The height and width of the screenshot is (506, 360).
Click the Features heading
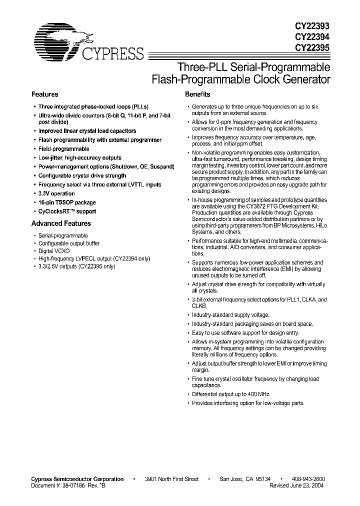tap(44, 94)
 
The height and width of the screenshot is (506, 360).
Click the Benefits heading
tap(197, 94)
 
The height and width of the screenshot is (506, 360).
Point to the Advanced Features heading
tap(61, 223)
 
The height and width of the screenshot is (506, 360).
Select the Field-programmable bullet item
tap(63, 149)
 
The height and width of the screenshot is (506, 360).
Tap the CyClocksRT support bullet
tap(67, 211)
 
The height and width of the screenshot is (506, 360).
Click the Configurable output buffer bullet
tap(68, 243)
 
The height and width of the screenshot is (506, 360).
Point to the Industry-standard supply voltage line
tap(230, 315)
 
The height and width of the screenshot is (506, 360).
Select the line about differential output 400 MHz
tap(231, 394)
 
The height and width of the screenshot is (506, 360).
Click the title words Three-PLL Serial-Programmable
tap(254, 67)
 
